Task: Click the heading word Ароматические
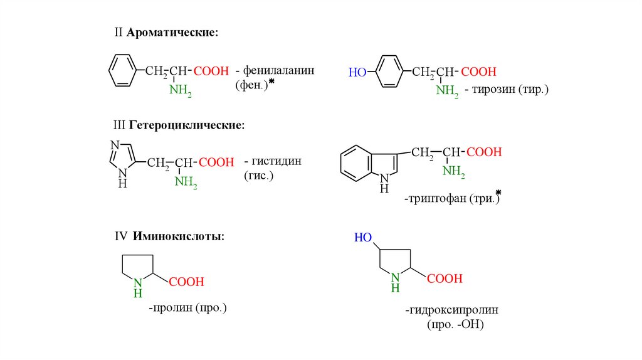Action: point(172,32)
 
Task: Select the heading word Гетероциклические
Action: point(187,125)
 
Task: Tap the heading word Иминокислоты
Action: point(178,236)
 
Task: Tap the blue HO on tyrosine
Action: point(357,72)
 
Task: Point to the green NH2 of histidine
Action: point(186,183)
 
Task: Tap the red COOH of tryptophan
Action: point(485,152)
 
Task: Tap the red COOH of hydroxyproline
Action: point(445,278)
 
